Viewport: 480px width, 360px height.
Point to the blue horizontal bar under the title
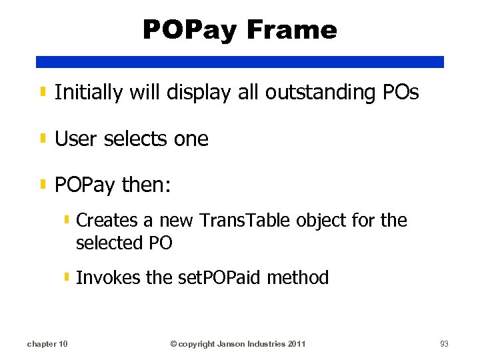(x=240, y=62)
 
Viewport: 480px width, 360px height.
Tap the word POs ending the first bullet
(x=401, y=93)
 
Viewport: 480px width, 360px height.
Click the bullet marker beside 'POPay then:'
(x=43, y=184)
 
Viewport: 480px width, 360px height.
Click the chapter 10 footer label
(x=47, y=344)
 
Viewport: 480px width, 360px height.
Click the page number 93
(x=444, y=344)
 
